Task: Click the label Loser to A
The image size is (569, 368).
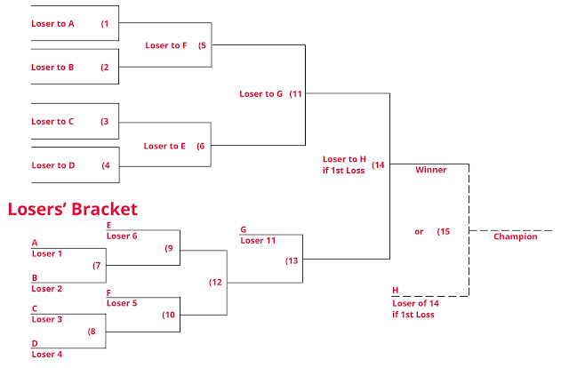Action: click(x=52, y=24)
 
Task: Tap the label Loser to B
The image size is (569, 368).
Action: click(x=52, y=67)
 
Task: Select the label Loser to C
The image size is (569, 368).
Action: click(x=52, y=122)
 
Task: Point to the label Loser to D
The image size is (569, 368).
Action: click(x=52, y=164)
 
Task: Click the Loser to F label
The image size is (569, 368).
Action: click(x=166, y=45)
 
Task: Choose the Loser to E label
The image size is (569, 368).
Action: click(x=164, y=146)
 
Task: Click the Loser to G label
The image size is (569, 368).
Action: click(x=260, y=93)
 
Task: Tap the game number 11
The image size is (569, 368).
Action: click(x=297, y=93)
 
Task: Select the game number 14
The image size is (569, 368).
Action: click(x=379, y=164)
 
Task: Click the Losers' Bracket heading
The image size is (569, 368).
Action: click(x=73, y=210)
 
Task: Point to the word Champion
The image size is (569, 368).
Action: click(x=516, y=236)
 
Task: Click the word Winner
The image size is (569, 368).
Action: click(x=430, y=169)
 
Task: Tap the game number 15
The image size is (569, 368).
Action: click(x=444, y=231)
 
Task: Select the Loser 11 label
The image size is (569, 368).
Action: click(x=259, y=240)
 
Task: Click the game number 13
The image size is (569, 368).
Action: click(x=293, y=260)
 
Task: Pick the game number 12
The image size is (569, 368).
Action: click(x=216, y=282)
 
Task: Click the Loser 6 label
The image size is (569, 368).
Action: click(x=122, y=236)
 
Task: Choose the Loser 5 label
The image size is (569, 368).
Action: click(x=122, y=303)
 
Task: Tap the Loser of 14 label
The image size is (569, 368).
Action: click(x=416, y=303)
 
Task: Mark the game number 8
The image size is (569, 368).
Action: click(x=91, y=331)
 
